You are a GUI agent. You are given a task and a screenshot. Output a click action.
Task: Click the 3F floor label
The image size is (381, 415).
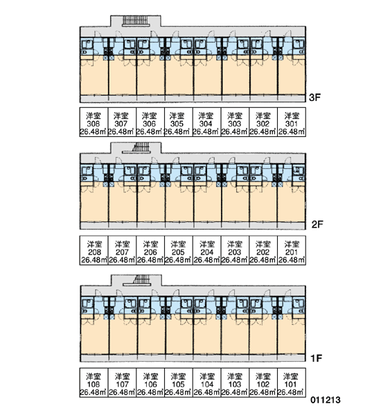pyautogui.click(x=314, y=98)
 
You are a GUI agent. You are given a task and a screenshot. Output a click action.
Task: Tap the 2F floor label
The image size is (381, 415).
pyautogui.click(x=317, y=224)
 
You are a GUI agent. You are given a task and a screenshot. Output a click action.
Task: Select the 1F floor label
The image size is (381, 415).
pyautogui.click(x=316, y=358)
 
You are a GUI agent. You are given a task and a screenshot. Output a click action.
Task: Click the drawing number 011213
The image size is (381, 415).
pyautogui.click(x=326, y=400)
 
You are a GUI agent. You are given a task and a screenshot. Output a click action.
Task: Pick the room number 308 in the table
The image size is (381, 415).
pyautogui.click(x=94, y=124)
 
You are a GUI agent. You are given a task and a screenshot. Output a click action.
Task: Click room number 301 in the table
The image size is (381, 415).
pyautogui.click(x=292, y=124)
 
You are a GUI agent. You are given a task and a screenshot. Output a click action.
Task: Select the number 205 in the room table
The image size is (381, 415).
pyautogui.click(x=177, y=252)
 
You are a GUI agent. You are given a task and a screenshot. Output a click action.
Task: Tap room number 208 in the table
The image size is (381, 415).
pyautogui.click(x=94, y=252)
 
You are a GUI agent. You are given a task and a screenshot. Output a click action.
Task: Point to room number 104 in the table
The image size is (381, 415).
pyautogui.click(x=207, y=384)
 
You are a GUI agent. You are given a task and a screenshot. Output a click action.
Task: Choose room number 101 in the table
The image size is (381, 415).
pyautogui.click(x=290, y=384)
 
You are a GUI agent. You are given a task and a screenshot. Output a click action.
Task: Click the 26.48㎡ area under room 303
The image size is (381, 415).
pyautogui.click(x=234, y=131)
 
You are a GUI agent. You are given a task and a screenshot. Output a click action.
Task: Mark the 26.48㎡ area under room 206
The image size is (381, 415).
pyautogui.click(x=150, y=260)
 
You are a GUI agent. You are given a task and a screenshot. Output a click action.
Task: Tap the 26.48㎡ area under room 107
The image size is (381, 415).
pyautogui.click(x=122, y=392)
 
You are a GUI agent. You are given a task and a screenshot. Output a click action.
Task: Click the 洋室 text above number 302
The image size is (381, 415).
pyautogui.click(x=263, y=116)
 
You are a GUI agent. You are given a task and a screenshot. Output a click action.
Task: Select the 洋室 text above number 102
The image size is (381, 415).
pyautogui.click(x=263, y=376)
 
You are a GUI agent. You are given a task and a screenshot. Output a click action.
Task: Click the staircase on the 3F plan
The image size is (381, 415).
pyautogui.click(x=136, y=21)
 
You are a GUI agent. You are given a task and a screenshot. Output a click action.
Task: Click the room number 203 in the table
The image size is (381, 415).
pyautogui.click(x=234, y=252)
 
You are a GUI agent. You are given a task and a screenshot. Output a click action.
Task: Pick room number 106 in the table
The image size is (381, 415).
pyautogui.click(x=150, y=384)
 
